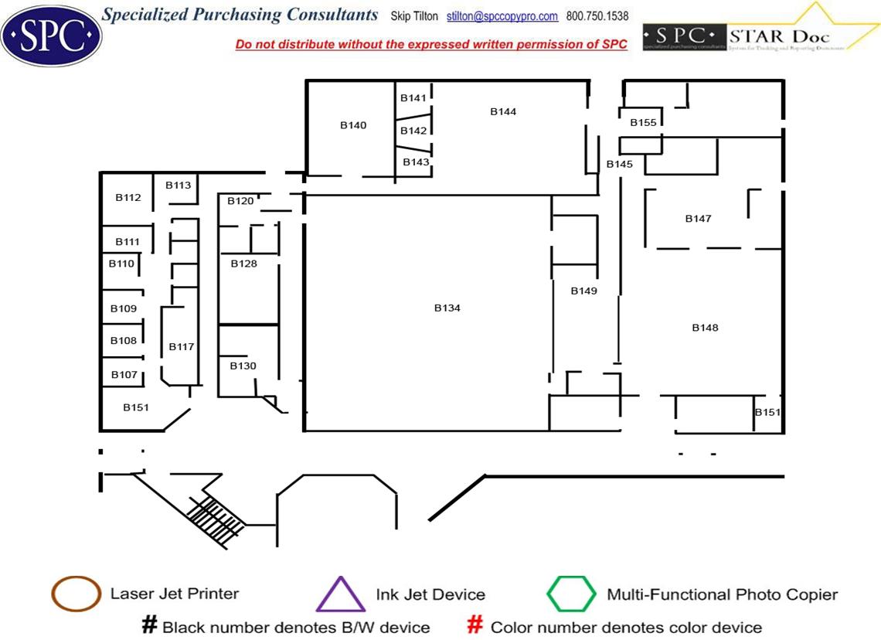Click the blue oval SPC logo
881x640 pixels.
click(x=52, y=33)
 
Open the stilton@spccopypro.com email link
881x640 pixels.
click(x=502, y=16)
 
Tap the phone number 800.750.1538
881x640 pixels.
click(x=597, y=16)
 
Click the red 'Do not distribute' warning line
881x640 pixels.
click(x=431, y=45)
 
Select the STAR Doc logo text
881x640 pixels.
click(x=779, y=36)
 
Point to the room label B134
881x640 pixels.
click(x=447, y=308)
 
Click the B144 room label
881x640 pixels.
click(x=503, y=112)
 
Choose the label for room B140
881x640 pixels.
click(x=353, y=125)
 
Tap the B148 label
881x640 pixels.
click(x=705, y=328)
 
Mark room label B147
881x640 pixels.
click(x=698, y=219)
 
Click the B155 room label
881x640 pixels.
click(x=643, y=123)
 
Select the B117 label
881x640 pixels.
click(x=182, y=346)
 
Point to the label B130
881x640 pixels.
click(x=243, y=366)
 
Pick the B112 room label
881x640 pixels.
click(x=128, y=197)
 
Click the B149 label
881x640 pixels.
click(x=584, y=291)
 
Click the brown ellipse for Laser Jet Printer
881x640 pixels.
click(x=76, y=594)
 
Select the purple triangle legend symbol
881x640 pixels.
click(x=340, y=595)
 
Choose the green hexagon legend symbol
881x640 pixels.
click(x=571, y=594)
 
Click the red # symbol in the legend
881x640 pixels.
click(x=475, y=625)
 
